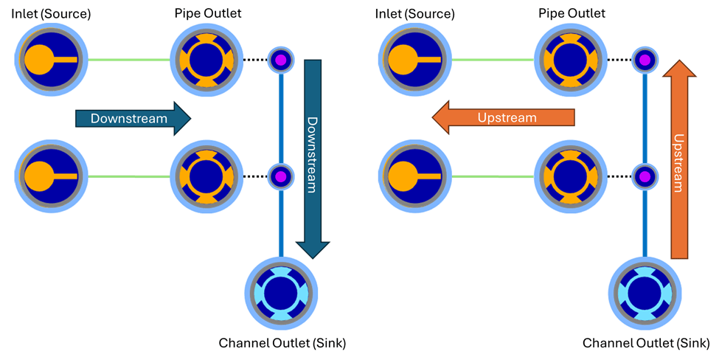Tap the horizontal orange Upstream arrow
(x=504, y=118)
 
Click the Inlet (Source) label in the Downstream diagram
(x=51, y=14)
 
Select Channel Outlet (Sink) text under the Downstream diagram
(x=282, y=343)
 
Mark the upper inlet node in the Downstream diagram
(x=51, y=59)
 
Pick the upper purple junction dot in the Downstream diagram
(x=280, y=59)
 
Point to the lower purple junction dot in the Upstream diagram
(x=645, y=176)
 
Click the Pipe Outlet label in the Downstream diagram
(x=208, y=13)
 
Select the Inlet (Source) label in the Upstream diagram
(x=414, y=14)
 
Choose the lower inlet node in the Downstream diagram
(x=51, y=176)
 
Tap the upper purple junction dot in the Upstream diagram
(x=645, y=59)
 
